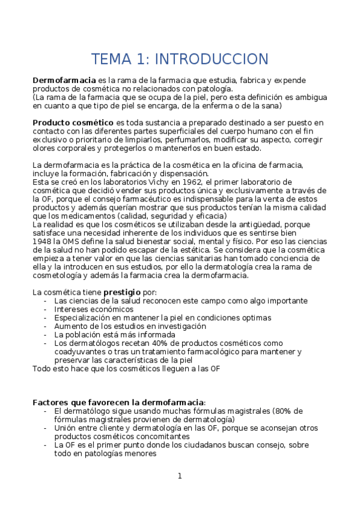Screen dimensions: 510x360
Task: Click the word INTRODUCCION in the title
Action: coord(211,59)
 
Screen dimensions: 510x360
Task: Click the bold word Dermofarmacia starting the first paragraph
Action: coord(64,80)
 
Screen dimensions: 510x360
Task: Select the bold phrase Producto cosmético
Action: coord(73,123)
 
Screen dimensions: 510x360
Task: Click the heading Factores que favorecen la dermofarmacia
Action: coord(118,402)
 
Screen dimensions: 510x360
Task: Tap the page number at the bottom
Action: coord(179,476)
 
